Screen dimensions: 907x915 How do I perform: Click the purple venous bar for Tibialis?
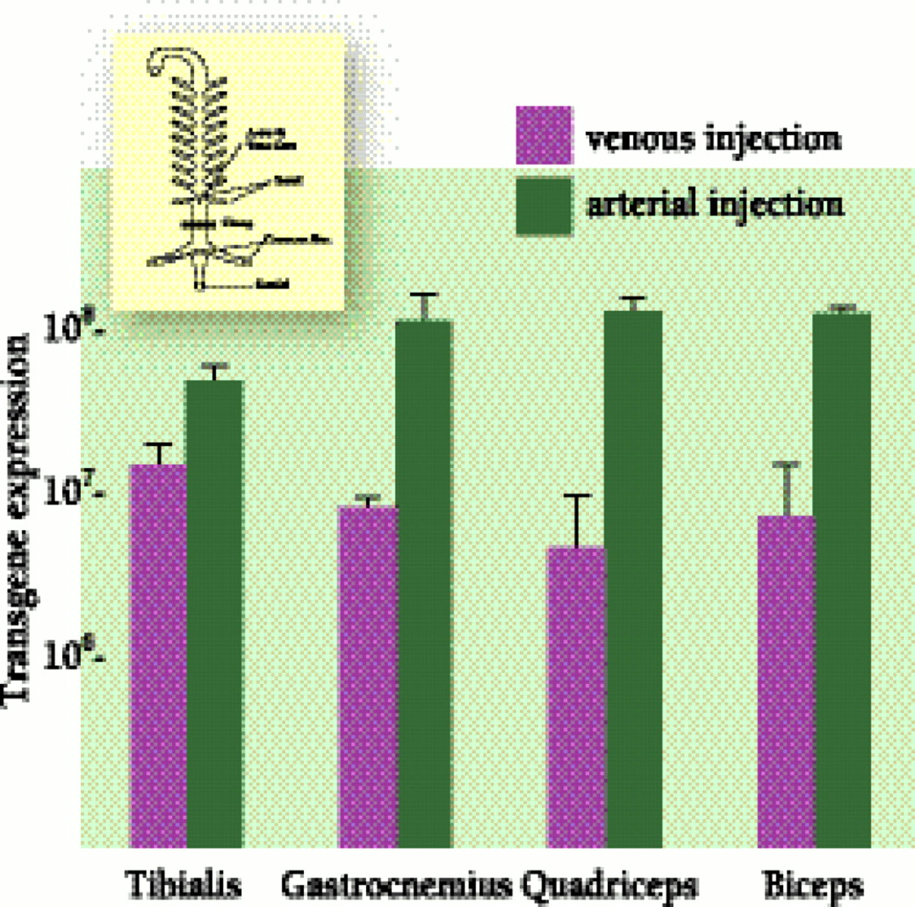coord(158,655)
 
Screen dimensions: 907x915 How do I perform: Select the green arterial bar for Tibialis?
coord(214,613)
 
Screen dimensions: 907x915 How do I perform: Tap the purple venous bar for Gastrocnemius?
coord(368,676)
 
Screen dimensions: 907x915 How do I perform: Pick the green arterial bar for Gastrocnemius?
coord(423,583)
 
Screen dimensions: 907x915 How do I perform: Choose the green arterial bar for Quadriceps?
coord(632,579)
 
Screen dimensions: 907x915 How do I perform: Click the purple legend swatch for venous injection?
coord(542,135)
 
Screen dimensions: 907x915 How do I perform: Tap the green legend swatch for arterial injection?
coord(542,204)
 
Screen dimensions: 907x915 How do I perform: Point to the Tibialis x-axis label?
coord(183,886)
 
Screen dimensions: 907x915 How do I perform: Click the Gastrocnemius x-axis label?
coord(396,886)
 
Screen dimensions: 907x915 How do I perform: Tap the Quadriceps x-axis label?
coord(608,886)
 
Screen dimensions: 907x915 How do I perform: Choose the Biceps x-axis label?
coord(814,886)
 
